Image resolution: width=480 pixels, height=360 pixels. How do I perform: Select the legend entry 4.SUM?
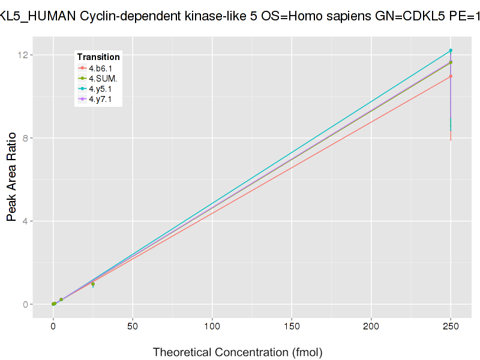click(x=103, y=79)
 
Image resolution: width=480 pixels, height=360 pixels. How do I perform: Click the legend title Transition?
click(x=98, y=57)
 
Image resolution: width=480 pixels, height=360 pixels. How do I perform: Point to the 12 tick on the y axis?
click(x=24, y=55)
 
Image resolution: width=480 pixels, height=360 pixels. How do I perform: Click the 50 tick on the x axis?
click(x=133, y=327)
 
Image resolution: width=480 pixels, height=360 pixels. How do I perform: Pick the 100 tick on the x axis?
click(x=212, y=327)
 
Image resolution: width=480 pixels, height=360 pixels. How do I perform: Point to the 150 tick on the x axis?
click(x=292, y=327)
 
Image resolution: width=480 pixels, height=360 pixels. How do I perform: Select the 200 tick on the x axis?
click(x=371, y=327)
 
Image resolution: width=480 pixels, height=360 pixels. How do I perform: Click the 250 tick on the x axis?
click(x=451, y=327)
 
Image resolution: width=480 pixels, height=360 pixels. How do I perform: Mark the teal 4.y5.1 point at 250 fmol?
click(x=451, y=50)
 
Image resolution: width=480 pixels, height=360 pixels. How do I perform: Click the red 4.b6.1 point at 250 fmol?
click(x=451, y=76)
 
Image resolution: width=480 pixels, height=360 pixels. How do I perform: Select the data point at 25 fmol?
click(x=93, y=284)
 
